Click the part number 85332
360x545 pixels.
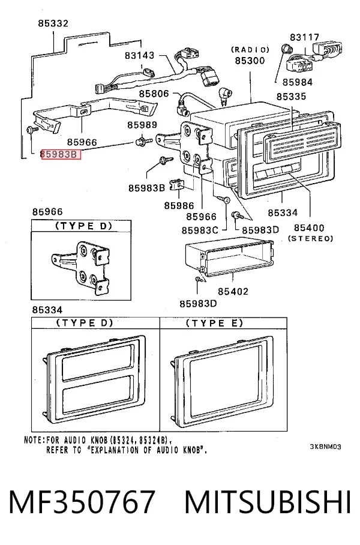tap(53, 23)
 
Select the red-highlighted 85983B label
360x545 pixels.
tap(61, 154)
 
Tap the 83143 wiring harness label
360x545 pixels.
tap(139, 55)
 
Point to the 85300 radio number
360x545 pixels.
tap(250, 61)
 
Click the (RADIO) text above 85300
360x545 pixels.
tap(250, 50)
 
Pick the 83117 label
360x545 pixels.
tap(304, 37)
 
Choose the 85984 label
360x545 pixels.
tap(298, 82)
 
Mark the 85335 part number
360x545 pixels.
tap(291, 96)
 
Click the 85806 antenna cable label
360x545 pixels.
tap(154, 94)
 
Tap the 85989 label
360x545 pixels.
tap(142, 125)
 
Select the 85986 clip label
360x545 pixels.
tap(179, 205)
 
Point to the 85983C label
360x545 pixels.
tap(200, 230)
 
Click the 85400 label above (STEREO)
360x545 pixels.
tap(309, 227)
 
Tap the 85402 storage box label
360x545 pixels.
tap(233, 291)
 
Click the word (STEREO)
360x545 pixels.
tap(310, 238)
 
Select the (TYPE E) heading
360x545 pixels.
tap(214, 323)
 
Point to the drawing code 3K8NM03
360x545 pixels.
tap(325, 447)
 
